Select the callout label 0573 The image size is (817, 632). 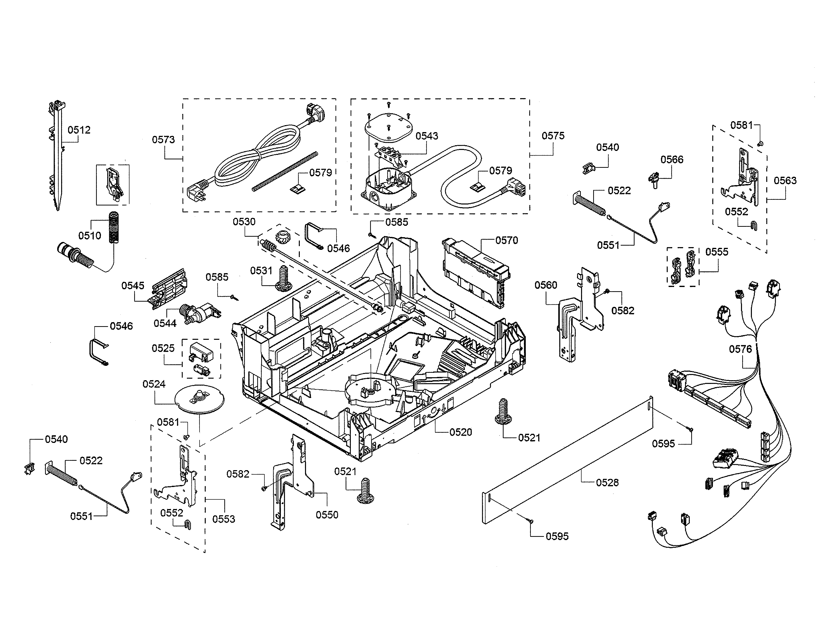(x=163, y=140)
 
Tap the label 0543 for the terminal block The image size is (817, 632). (x=427, y=136)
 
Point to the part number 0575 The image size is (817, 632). (x=553, y=136)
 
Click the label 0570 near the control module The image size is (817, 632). (x=507, y=240)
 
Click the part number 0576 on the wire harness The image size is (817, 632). (x=740, y=349)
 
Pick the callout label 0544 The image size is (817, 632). (x=165, y=323)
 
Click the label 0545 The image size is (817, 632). (x=132, y=286)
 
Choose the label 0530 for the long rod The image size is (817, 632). (x=244, y=222)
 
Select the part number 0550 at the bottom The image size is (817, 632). (x=327, y=515)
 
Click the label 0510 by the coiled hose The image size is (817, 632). (x=89, y=235)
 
